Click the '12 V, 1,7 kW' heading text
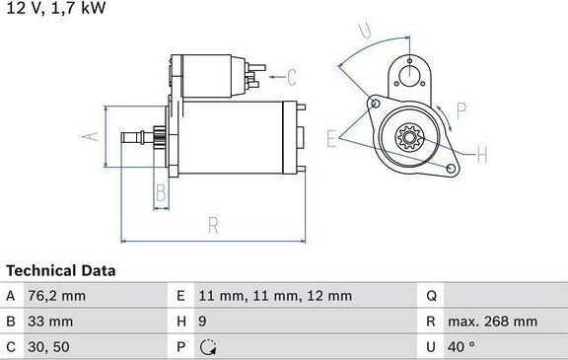click(x=56, y=8)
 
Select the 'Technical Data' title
click(x=61, y=270)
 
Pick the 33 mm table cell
click(x=51, y=322)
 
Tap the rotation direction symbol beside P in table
click(x=207, y=347)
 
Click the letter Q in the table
click(x=431, y=296)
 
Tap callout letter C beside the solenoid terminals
click(x=291, y=74)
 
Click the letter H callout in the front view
click(x=481, y=154)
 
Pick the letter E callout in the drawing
click(x=332, y=136)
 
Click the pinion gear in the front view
click(x=407, y=136)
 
